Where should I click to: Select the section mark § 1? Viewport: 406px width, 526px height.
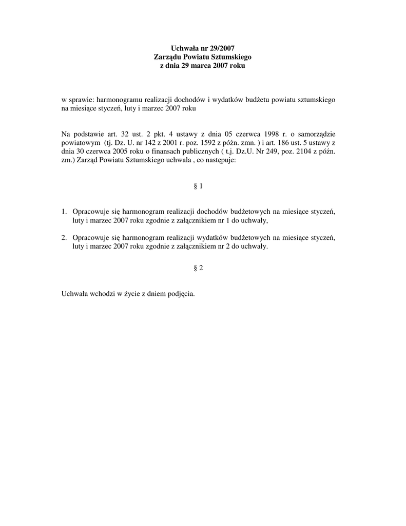click(198, 186)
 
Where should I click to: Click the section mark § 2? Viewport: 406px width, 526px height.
click(198, 268)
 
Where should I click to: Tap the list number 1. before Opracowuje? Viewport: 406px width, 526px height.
click(64, 212)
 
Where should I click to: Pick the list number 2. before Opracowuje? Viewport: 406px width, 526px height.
click(64, 238)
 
